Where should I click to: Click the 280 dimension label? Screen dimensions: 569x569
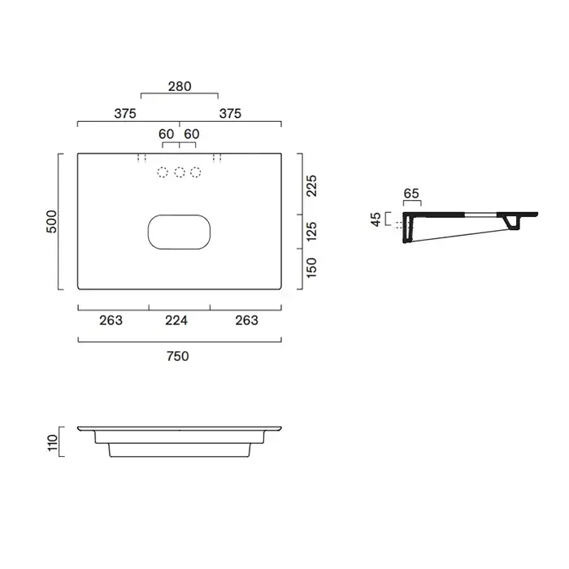[180, 86]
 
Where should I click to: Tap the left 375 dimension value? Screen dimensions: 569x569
[125, 114]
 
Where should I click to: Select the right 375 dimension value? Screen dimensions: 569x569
[230, 114]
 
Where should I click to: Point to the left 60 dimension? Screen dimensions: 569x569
[166, 134]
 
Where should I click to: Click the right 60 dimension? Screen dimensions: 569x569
[192, 134]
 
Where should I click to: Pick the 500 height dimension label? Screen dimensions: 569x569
[52, 222]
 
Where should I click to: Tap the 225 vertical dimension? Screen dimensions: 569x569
[311, 186]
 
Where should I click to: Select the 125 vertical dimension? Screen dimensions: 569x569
[311, 232]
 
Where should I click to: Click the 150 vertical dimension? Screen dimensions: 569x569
[311, 267]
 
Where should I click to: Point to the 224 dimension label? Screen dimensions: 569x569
[176, 320]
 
